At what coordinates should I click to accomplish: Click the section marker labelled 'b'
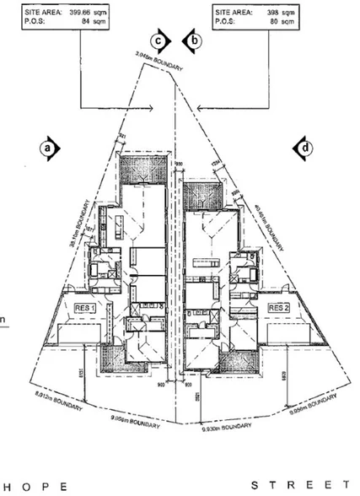193,40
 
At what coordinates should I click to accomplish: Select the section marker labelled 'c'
157,40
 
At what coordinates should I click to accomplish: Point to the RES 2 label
278,309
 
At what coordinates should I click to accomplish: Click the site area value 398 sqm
274,13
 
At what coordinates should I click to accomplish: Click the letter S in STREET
256,487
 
